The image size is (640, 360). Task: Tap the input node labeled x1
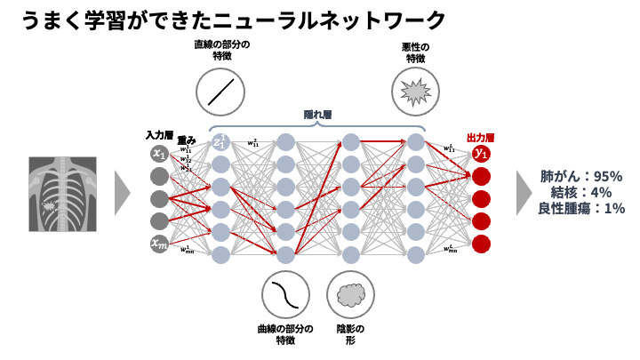159,154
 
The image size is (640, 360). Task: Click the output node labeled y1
482,154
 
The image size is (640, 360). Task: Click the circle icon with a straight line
220,92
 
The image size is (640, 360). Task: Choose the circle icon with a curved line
285,294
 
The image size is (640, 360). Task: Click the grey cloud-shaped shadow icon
350,294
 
